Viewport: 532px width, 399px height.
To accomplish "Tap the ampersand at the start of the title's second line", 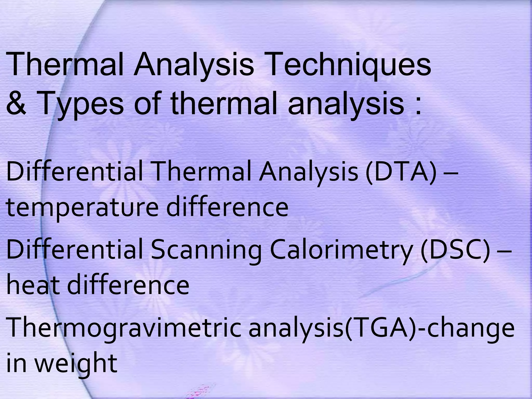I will point(16,104).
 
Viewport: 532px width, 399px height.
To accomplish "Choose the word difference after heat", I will point(128,285).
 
